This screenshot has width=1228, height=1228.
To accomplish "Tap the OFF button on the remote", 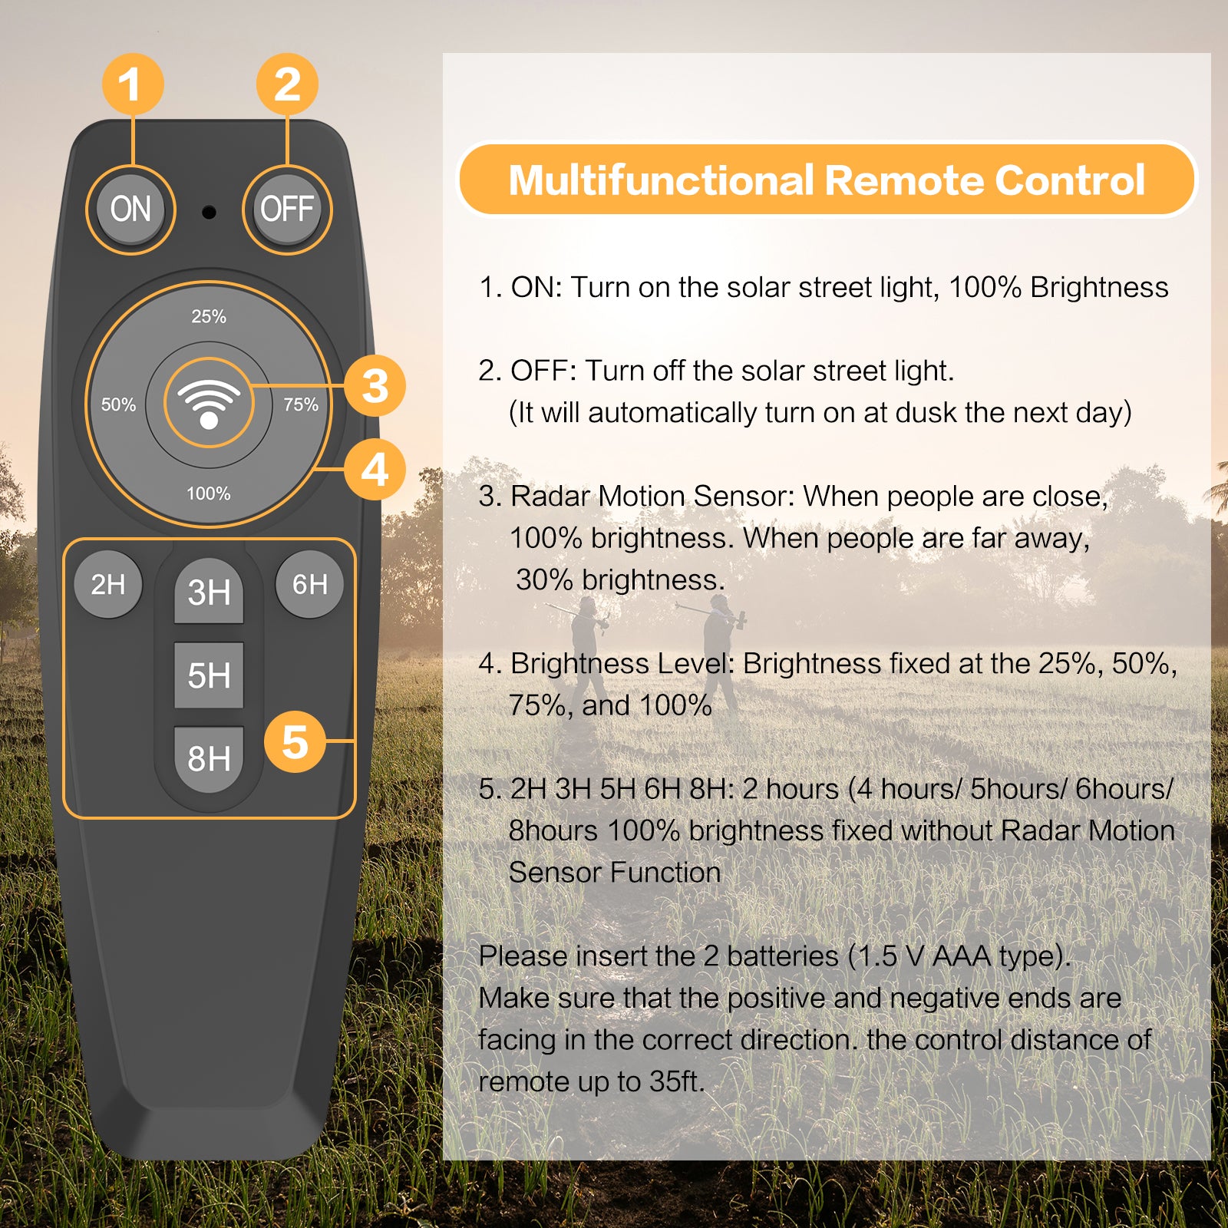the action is click(x=287, y=209).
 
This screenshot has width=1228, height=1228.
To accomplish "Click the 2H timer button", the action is click(x=108, y=584).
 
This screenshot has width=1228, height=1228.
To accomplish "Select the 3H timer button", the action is click(x=209, y=592).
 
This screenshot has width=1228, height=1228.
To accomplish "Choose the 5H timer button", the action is click(x=209, y=675).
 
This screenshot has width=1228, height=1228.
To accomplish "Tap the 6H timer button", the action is click(x=309, y=584).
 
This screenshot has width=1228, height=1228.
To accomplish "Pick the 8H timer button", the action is click(x=209, y=759).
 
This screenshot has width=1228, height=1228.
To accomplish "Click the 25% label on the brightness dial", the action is click(x=209, y=316).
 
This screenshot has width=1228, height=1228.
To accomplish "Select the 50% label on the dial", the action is click(x=118, y=404).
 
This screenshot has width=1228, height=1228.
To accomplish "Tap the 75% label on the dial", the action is click(x=301, y=404).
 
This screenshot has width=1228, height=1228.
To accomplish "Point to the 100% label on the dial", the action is click(x=209, y=494).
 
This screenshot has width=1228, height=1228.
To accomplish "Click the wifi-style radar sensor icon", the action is click(x=209, y=404).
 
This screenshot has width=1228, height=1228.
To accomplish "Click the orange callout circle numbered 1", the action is click(x=133, y=84).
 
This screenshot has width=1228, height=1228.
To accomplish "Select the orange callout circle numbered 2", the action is click(x=287, y=84).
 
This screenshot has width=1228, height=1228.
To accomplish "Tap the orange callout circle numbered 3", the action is click(x=375, y=385).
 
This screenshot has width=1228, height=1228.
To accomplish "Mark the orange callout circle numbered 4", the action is click(x=375, y=470).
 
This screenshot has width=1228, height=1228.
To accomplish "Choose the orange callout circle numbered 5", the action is click(x=295, y=741).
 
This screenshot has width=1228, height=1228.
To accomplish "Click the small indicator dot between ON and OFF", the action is click(x=209, y=212).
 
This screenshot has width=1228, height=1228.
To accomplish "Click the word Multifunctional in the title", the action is click(x=661, y=180).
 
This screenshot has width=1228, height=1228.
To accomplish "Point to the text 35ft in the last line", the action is click(x=675, y=1081).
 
